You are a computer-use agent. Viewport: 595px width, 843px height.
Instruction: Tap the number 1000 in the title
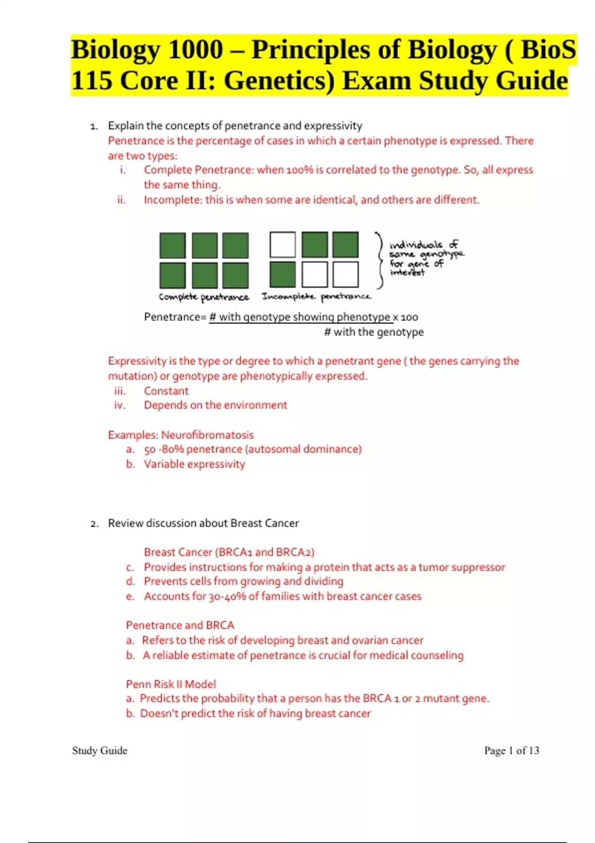point(195,50)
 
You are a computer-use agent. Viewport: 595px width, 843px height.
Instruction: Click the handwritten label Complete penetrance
point(204,297)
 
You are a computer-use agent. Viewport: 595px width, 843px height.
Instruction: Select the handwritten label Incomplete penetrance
point(316,297)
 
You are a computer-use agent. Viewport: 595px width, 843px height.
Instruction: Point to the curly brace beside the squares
point(380,260)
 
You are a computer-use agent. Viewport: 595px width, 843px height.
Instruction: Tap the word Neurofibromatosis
point(207,435)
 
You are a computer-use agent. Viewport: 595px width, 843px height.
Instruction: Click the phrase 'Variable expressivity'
point(194,464)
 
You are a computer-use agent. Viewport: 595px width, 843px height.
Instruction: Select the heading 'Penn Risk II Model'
point(171,684)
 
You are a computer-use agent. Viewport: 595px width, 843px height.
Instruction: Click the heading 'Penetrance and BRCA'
point(180,625)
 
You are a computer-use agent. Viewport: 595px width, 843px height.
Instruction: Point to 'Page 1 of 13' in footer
point(511,750)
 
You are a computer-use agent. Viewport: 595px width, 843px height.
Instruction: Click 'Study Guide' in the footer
point(100,750)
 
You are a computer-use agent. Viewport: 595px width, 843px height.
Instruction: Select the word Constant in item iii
point(166,391)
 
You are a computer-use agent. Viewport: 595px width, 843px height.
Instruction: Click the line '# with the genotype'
point(373,332)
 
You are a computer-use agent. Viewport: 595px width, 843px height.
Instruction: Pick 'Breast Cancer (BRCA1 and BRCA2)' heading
point(229,552)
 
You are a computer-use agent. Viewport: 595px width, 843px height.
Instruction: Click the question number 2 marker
point(94,524)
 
